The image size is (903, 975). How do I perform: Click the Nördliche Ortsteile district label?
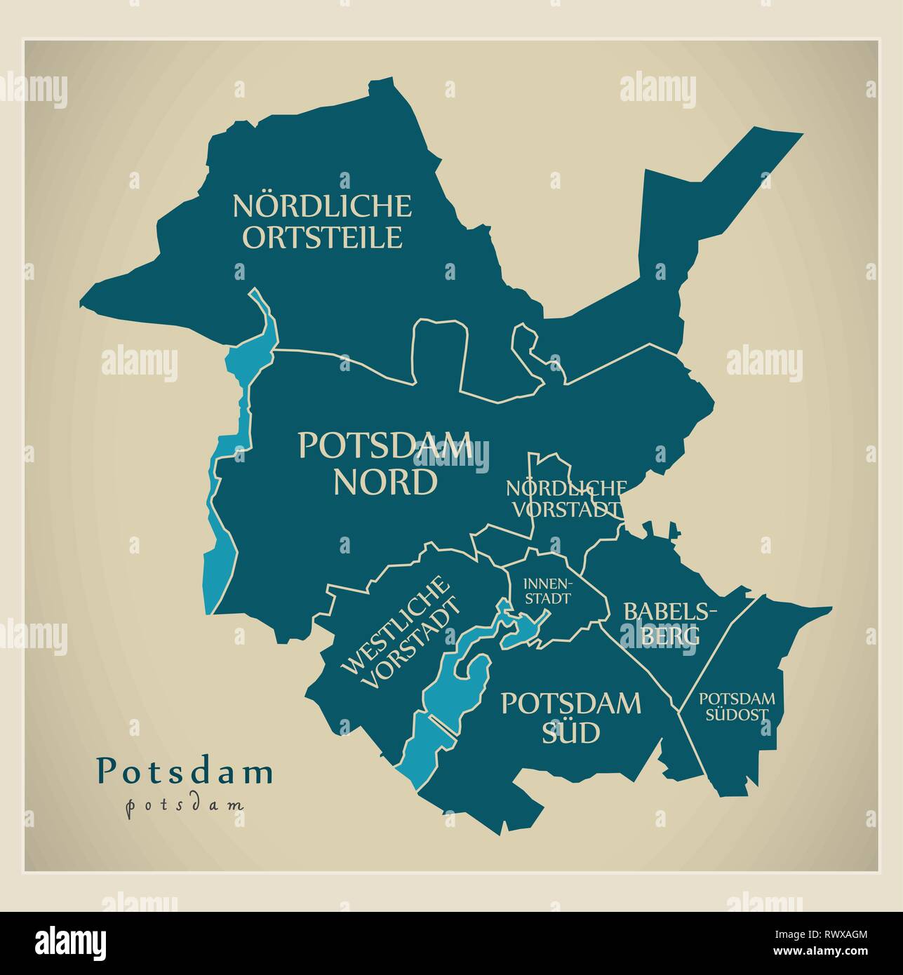(322, 221)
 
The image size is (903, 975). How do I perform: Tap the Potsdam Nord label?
(385, 464)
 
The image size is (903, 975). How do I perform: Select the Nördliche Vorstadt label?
(566, 499)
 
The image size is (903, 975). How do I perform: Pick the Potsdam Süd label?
(570, 717)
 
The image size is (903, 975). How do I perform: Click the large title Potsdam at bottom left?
(185, 771)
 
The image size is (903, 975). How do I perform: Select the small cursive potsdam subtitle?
(185, 805)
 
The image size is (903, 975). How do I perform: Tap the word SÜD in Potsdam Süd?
(570, 733)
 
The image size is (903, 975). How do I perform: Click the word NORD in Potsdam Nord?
(385, 483)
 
